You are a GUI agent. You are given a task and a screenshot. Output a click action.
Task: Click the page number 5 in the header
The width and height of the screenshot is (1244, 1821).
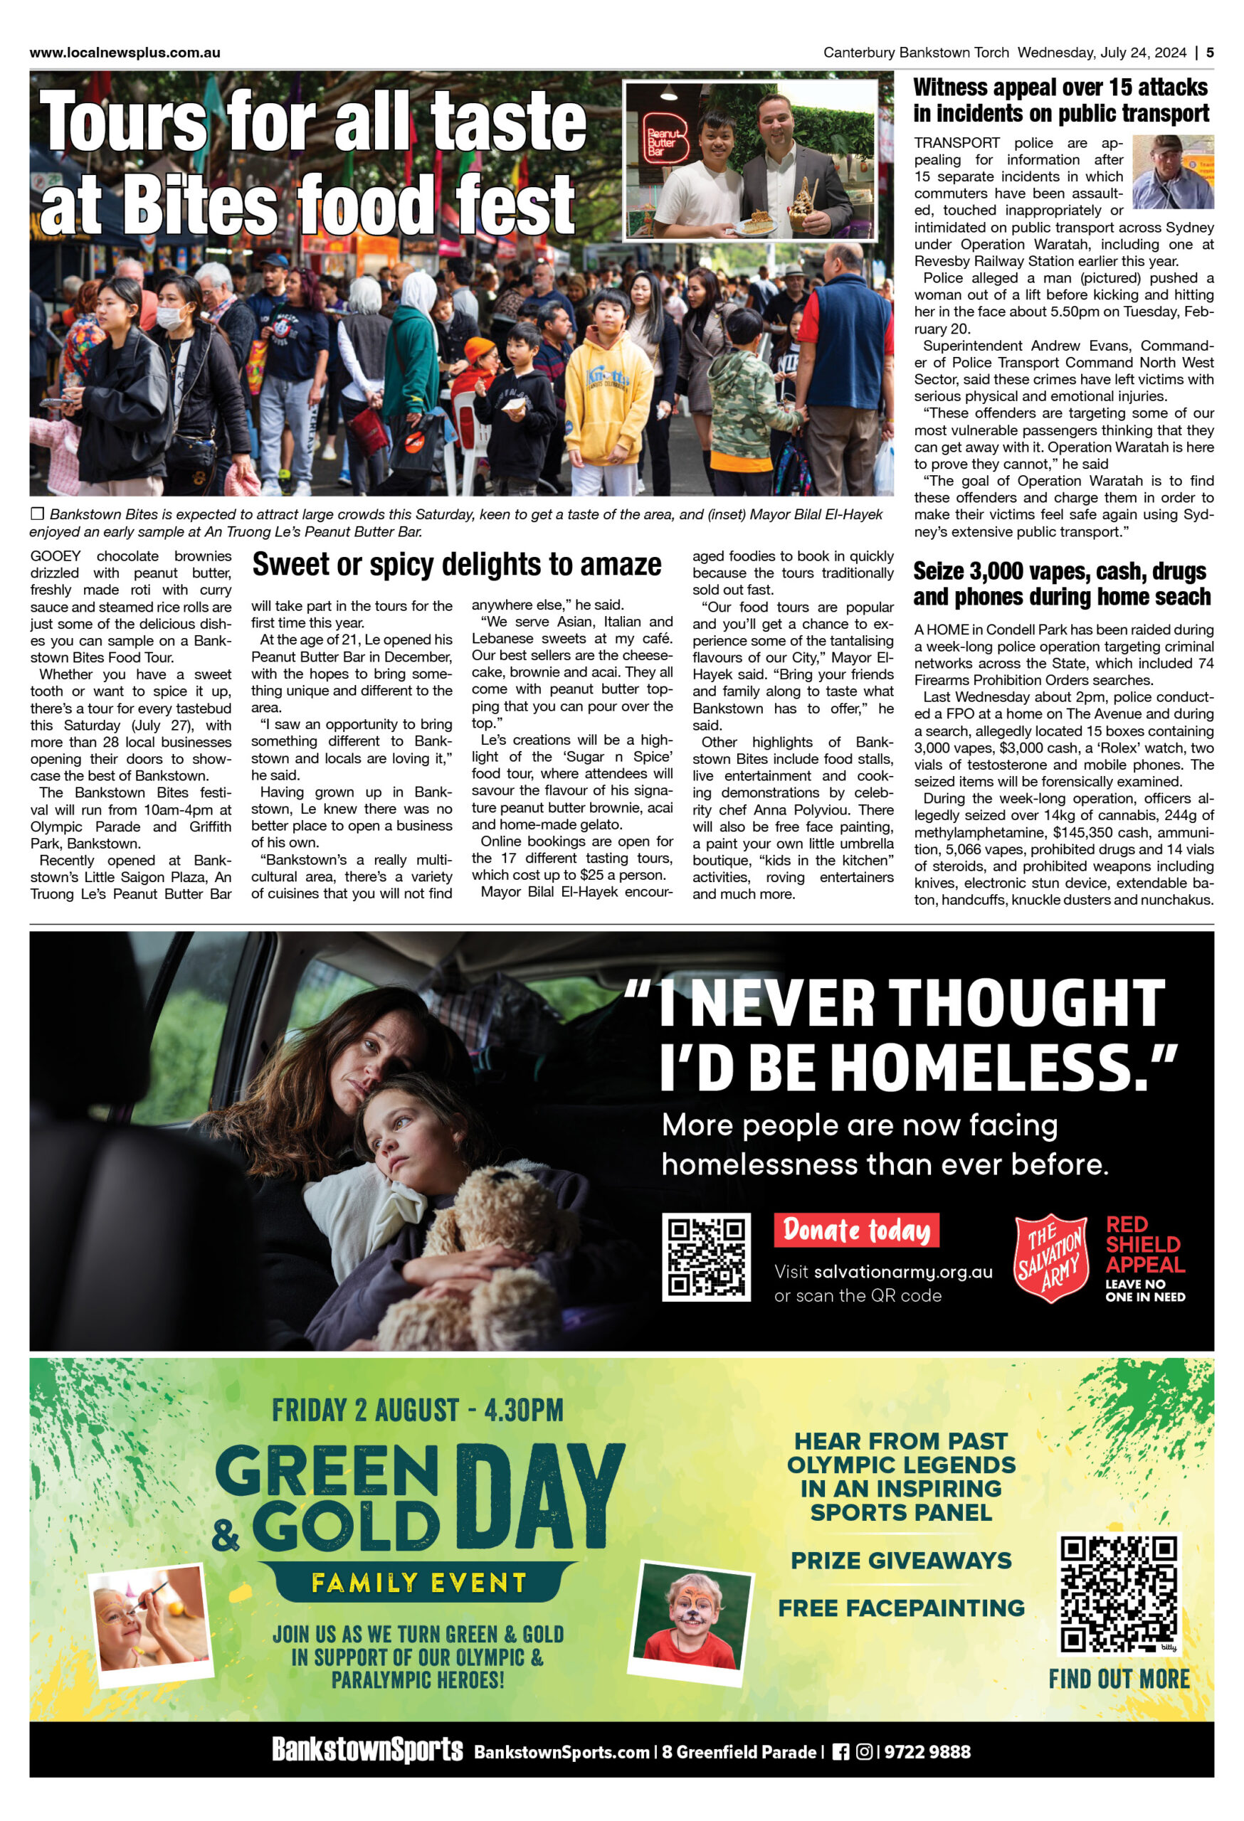1211,53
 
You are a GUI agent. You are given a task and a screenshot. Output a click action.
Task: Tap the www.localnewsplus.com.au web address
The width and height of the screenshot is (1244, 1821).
125,53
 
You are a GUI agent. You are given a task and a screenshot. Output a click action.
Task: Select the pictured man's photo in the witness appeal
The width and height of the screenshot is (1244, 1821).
1173,171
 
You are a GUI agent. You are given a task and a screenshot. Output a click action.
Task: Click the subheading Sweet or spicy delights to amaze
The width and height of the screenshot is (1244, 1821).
456,564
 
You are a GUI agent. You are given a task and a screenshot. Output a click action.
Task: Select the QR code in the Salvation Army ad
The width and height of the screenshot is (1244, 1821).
705,1257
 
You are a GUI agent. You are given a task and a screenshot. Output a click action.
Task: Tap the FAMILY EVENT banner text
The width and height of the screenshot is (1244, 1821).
418,1583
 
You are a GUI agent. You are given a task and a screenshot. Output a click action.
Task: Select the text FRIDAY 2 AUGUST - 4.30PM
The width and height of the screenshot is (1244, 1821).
417,1411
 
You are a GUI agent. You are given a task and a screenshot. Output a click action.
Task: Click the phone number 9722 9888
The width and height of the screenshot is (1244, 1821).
927,1752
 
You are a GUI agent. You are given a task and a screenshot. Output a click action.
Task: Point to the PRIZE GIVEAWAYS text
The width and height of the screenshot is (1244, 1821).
901,1561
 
